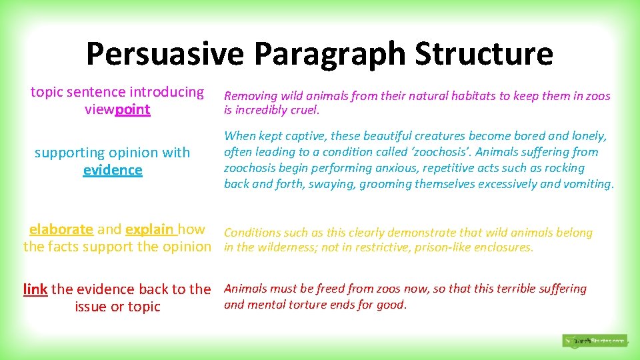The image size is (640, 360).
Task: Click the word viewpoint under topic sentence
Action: [117, 109]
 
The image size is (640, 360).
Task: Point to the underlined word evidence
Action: [113, 170]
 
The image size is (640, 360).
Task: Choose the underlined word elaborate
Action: [61, 229]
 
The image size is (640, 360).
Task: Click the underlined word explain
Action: [150, 229]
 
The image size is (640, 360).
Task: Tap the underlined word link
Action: [35, 289]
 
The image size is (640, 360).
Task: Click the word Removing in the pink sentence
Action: [249, 96]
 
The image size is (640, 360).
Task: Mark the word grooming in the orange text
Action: [385, 184]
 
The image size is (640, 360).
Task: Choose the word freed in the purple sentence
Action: [349, 289]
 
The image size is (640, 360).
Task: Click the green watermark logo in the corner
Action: [594, 341]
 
